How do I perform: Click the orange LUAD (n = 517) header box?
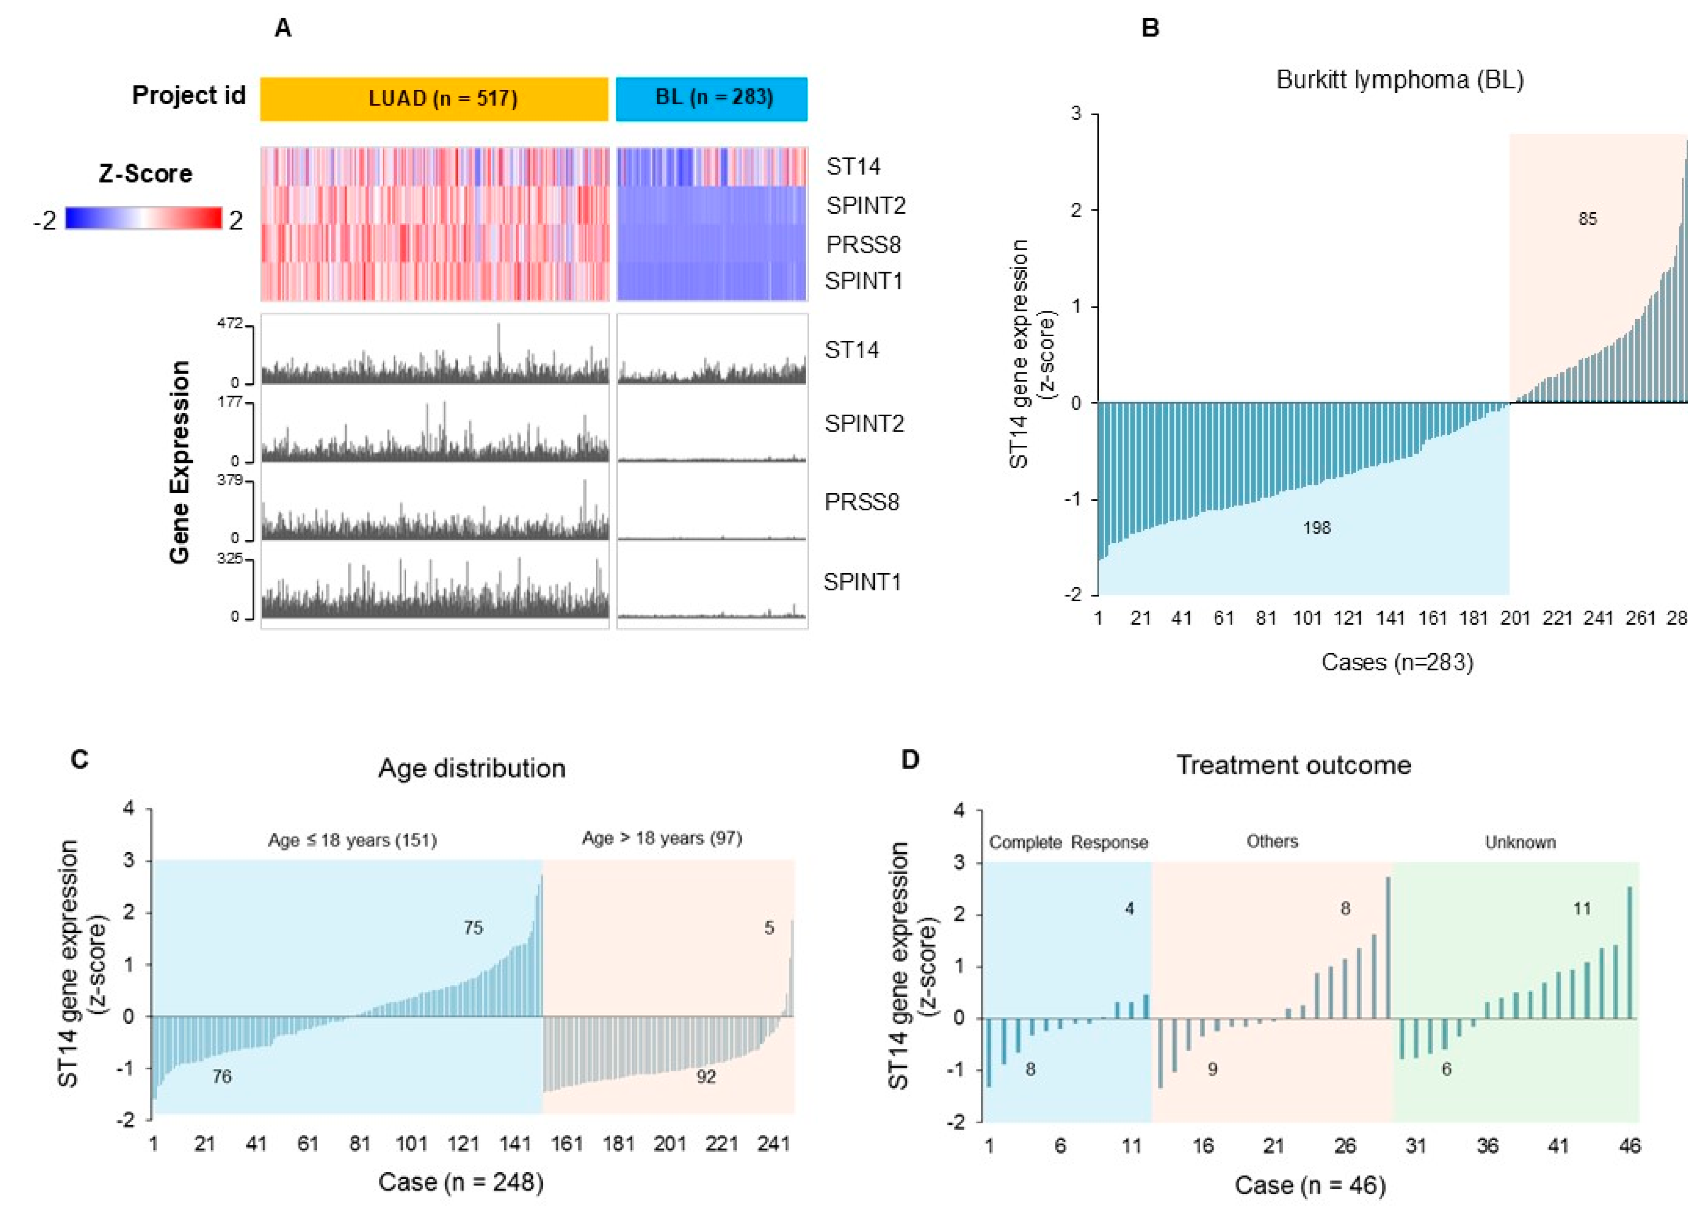[434, 99]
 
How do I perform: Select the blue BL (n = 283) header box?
[711, 99]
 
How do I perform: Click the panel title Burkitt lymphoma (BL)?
[1400, 80]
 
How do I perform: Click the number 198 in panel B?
[1316, 528]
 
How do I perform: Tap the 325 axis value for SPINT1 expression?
[230, 558]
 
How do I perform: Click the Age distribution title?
[472, 768]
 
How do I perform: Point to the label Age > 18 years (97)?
[661, 838]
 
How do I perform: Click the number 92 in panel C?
[705, 1076]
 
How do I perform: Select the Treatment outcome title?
[1293, 765]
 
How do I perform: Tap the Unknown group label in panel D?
[1520, 842]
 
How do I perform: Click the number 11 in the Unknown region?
[1582, 908]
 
